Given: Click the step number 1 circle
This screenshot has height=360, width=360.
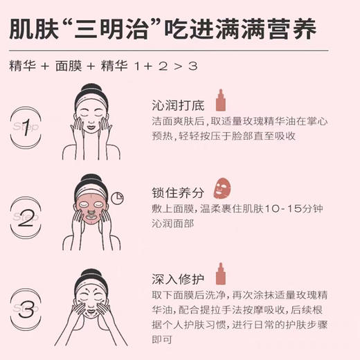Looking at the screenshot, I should [27, 126].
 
